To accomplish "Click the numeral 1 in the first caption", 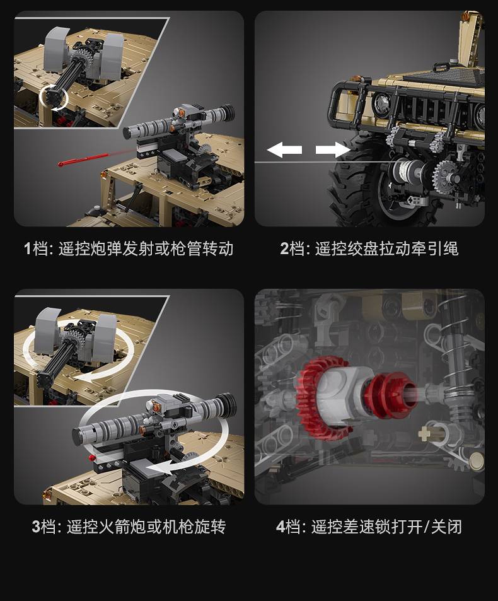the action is (x=27, y=248).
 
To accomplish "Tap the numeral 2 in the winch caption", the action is (x=284, y=248).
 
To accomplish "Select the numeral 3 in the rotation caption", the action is (x=36, y=527).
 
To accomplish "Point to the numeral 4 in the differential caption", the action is (x=281, y=527).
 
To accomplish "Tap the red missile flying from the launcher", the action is (x=83, y=160).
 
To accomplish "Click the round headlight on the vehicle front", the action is (x=382, y=102).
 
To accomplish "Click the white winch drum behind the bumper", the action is (x=407, y=170).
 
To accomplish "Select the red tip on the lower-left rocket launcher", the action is (x=91, y=458).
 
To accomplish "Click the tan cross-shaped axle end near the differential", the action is (x=424, y=434).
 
